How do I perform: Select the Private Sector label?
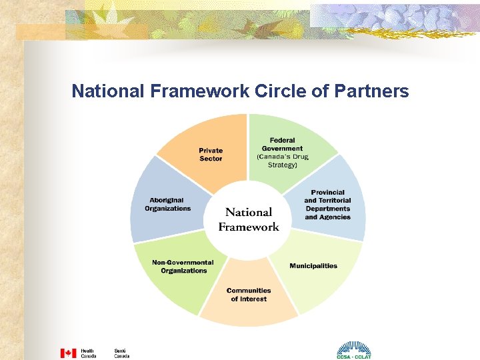point(211,155)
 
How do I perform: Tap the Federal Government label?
point(282,144)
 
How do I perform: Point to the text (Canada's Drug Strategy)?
point(282,161)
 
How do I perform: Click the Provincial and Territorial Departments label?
point(327,205)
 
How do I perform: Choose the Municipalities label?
point(313,266)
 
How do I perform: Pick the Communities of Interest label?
point(249,295)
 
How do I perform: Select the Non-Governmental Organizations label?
point(183,267)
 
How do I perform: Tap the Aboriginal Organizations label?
point(167,204)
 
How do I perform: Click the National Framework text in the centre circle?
point(249,219)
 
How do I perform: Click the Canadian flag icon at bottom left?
point(69,353)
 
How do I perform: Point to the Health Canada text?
point(89,353)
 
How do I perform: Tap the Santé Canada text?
point(121,353)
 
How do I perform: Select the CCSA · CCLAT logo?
point(353,351)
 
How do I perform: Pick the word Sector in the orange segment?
point(211,159)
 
